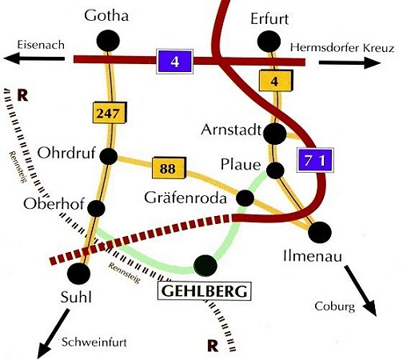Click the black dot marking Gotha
point(108,41)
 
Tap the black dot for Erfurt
point(269,42)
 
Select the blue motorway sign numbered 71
point(315,160)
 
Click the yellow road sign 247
point(110,113)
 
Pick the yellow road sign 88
point(169,168)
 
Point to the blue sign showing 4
point(174,62)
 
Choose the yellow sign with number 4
point(276,80)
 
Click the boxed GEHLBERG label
point(205,291)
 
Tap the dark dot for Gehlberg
point(205,266)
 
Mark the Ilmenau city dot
point(320,232)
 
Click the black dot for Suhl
point(79,274)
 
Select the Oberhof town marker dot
point(96,208)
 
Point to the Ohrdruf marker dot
point(109,156)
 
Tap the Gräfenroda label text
point(186,198)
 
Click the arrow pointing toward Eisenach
point(34,58)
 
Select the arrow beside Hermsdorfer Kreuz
point(349,63)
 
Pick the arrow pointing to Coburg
point(361,290)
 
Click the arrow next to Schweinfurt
point(54,334)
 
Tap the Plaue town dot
point(275,170)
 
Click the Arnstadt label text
point(231,130)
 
